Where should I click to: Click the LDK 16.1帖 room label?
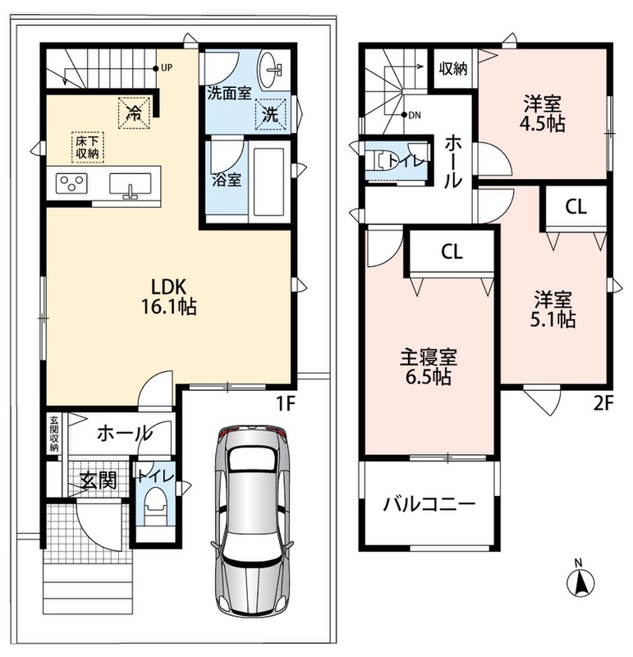tap(168, 296)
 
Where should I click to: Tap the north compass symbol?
tap(580, 579)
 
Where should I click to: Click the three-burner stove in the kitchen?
tap(71, 183)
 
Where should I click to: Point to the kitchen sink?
tap(131, 184)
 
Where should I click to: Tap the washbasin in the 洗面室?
tap(271, 69)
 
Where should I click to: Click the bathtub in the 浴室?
tap(269, 181)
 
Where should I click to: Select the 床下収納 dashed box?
tap(88, 146)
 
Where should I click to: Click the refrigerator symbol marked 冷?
tap(134, 113)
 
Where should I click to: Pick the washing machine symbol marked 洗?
tap(270, 114)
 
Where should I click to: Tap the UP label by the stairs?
tap(167, 67)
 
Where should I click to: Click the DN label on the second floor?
tap(415, 115)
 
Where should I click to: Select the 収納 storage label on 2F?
tap(453, 68)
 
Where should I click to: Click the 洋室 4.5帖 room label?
tap(543, 113)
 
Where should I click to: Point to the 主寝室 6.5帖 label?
tap(428, 366)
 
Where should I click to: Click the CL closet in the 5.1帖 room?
tap(576, 207)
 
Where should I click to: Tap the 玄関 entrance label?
tap(99, 480)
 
